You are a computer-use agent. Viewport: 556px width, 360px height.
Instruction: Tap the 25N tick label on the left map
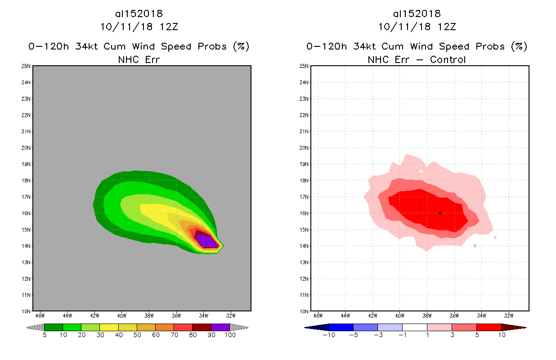click(x=27, y=66)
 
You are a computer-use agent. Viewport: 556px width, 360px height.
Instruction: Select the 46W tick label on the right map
click(x=318, y=315)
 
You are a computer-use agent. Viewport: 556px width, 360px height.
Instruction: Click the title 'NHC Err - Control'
click(x=417, y=59)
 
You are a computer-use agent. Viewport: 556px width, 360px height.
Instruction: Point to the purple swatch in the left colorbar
click(x=220, y=327)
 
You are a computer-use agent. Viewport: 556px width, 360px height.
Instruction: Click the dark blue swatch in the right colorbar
click(x=341, y=327)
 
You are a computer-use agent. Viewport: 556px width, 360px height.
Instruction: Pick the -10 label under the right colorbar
click(x=328, y=335)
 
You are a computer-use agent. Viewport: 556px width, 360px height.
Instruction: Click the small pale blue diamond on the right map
click(x=475, y=245)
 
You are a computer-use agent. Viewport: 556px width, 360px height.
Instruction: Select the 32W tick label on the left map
click(x=231, y=315)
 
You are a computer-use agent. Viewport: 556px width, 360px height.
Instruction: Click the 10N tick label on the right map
click(x=305, y=311)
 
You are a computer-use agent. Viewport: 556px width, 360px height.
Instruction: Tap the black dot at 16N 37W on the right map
click(x=440, y=213)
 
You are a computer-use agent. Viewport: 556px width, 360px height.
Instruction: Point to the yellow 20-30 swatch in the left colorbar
click(x=108, y=327)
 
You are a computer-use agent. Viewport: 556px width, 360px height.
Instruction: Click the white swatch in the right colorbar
click(x=414, y=327)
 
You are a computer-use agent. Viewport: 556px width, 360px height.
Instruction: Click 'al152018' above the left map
click(x=139, y=14)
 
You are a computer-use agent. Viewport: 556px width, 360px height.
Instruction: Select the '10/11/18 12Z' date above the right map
click(x=417, y=27)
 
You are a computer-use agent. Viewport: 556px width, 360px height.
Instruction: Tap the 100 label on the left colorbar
click(x=230, y=335)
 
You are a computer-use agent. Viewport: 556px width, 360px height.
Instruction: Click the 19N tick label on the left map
click(x=27, y=164)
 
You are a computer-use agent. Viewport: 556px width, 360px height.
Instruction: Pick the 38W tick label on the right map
click(x=427, y=315)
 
